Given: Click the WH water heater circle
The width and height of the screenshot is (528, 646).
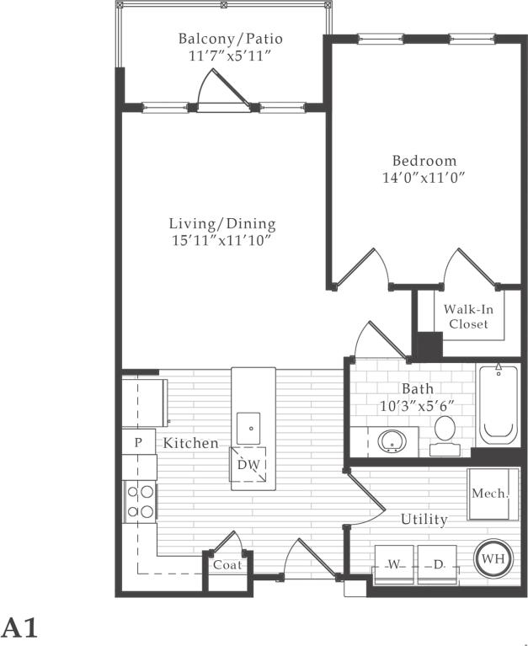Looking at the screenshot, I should coord(492,558).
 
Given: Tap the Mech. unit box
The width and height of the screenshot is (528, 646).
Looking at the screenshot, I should coord(488,493).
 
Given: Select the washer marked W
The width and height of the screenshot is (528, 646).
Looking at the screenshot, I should coord(393,566).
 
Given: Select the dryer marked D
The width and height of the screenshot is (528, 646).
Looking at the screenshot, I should coord(438,566).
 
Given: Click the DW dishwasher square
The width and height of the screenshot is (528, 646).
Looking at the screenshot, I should coord(249,465).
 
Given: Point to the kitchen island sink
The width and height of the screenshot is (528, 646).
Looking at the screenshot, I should coord(250,427).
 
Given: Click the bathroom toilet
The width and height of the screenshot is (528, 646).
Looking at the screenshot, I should coord(445,430).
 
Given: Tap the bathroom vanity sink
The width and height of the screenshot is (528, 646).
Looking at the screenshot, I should coord(392,441).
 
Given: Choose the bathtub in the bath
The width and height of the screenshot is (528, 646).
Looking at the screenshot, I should coord(499,407).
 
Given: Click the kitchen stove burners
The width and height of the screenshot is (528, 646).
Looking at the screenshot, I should coord(141,501).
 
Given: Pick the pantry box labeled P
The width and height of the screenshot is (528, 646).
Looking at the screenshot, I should coord(138,441).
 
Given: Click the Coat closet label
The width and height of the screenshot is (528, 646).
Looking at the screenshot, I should coord(227,565).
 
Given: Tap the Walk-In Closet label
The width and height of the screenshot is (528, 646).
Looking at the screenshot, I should coord(468,317).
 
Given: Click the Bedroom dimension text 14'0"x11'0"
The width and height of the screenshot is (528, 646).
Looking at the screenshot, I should coord(424,178).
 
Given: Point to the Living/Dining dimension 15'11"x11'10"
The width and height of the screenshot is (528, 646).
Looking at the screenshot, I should coord(221,241).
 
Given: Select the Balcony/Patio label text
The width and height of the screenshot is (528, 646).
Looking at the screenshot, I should coord(230,39).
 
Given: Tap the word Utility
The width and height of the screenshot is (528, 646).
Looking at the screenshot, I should coord(424,520).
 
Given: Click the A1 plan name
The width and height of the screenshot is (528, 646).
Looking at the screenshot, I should coord(20,627).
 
